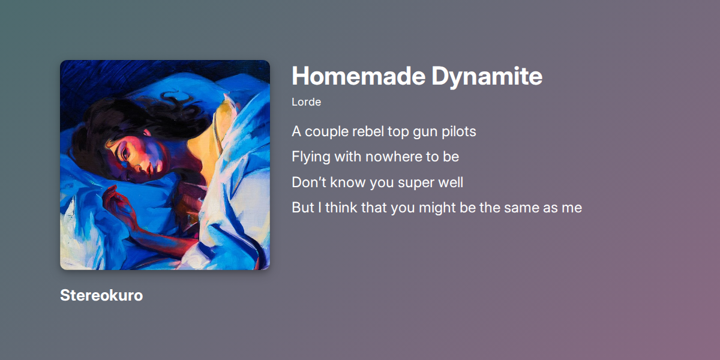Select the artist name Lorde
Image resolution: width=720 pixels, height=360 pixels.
[306, 102]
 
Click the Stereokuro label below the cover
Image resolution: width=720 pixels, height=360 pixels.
[101, 295]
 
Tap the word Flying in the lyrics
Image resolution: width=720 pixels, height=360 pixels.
[310, 157]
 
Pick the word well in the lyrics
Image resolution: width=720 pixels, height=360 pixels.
[451, 182]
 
